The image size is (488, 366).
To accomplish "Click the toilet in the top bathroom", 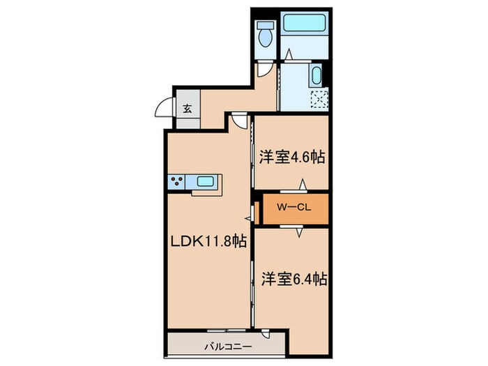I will click(x=265, y=33).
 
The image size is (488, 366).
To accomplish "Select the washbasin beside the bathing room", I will click(x=316, y=75).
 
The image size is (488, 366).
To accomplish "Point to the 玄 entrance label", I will click(x=188, y=108).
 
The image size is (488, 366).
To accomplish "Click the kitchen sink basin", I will click(x=206, y=183).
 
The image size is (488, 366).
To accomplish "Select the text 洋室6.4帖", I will click(x=293, y=279).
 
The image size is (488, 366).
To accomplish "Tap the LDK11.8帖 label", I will click(x=208, y=241).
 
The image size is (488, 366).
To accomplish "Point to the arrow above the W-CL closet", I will click(x=303, y=185).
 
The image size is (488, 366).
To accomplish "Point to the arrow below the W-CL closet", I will click(x=300, y=231).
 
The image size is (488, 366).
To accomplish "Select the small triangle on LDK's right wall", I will click(x=247, y=218).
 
